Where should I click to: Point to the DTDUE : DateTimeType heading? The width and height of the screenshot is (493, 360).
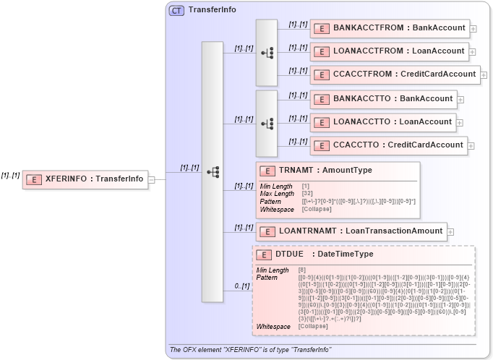point(324,254)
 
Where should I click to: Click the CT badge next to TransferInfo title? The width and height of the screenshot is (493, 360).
point(176,10)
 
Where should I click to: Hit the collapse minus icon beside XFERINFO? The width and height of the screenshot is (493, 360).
point(152,179)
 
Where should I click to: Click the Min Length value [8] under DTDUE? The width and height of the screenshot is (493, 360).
point(301,270)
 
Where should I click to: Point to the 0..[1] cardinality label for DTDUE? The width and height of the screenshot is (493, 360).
point(241,286)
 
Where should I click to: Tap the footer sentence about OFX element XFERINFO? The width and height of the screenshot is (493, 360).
point(251,350)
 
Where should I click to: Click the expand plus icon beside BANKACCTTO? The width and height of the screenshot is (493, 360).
point(460,100)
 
